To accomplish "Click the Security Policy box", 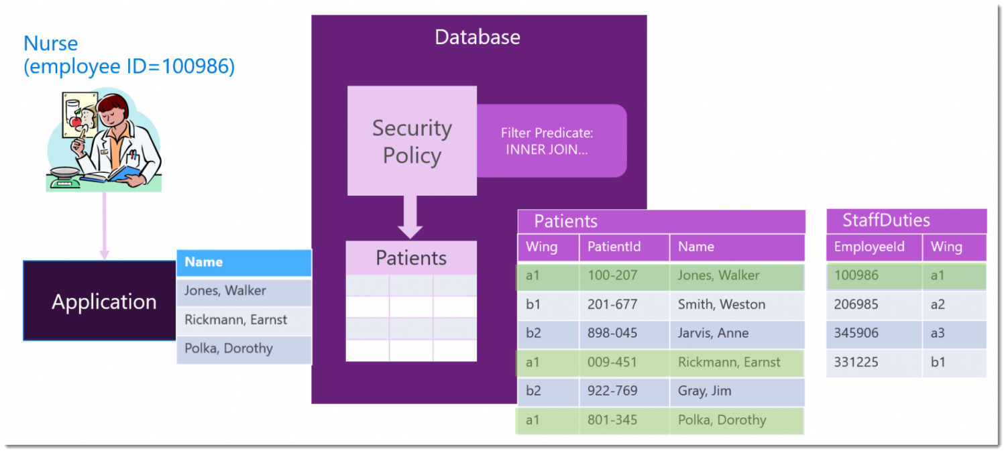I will (x=411, y=141).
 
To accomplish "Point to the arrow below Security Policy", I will (x=410, y=216).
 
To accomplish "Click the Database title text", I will (x=477, y=37).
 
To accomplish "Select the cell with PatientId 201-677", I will (x=612, y=304).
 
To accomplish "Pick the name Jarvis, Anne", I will (x=713, y=333).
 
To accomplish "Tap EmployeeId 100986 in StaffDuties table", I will (x=856, y=275).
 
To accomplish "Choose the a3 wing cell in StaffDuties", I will (x=938, y=333).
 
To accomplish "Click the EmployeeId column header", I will (x=869, y=247).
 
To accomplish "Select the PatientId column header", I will (x=614, y=247).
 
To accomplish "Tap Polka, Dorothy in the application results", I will (x=229, y=348).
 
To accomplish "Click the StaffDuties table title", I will (x=886, y=220).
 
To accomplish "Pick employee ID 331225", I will (x=856, y=362).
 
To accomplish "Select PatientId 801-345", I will (x=612, y=420).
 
